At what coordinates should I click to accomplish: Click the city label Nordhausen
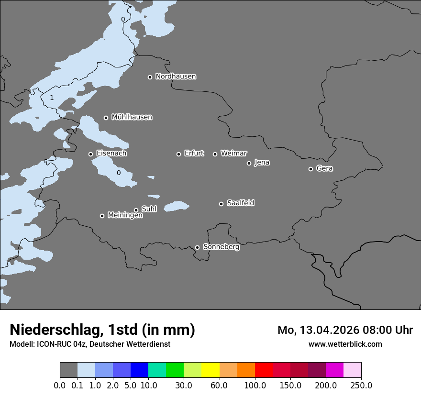pyautogui.click(x=176, y=77)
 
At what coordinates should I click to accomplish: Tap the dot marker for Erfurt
pyautogui.click(x=178, y=154)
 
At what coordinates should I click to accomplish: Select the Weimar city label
pyautogui.click(x=233, y=154)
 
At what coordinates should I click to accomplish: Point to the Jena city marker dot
pyautogui.click(x=249, y=163)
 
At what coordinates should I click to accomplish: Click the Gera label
pyautogui.click(x=324, y=168)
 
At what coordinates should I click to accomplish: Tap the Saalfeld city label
pyautogui.click(x=240, y=203)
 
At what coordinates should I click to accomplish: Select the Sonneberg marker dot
pyautogui.click(x=197, y=247)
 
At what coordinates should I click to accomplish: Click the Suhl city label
pyautogui.click(x=149, y=209)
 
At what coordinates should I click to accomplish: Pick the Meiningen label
pyautogui.click(x=125, y=216)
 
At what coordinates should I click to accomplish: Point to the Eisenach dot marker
pyautogui.click(x=90, y=154)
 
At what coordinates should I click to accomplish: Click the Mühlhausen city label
pyautogui.click(x=132, y=117)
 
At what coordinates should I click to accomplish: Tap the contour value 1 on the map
pyautogui.click(x=52, y=98)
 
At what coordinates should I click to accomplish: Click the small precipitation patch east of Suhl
pyautogui.click(x=177, y=206)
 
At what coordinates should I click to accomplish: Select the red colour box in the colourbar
pyautogui.click(x=264, y=370)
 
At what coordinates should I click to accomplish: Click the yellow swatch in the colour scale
pyautogui.click(x=210, y=370)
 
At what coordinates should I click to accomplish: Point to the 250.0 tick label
pyautogui.click(x=361, y=386)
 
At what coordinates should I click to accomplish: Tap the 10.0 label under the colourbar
pyautogui.click(x=148, y=386)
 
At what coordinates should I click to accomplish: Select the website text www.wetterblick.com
pyautogui.click(x=345, y=344)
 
